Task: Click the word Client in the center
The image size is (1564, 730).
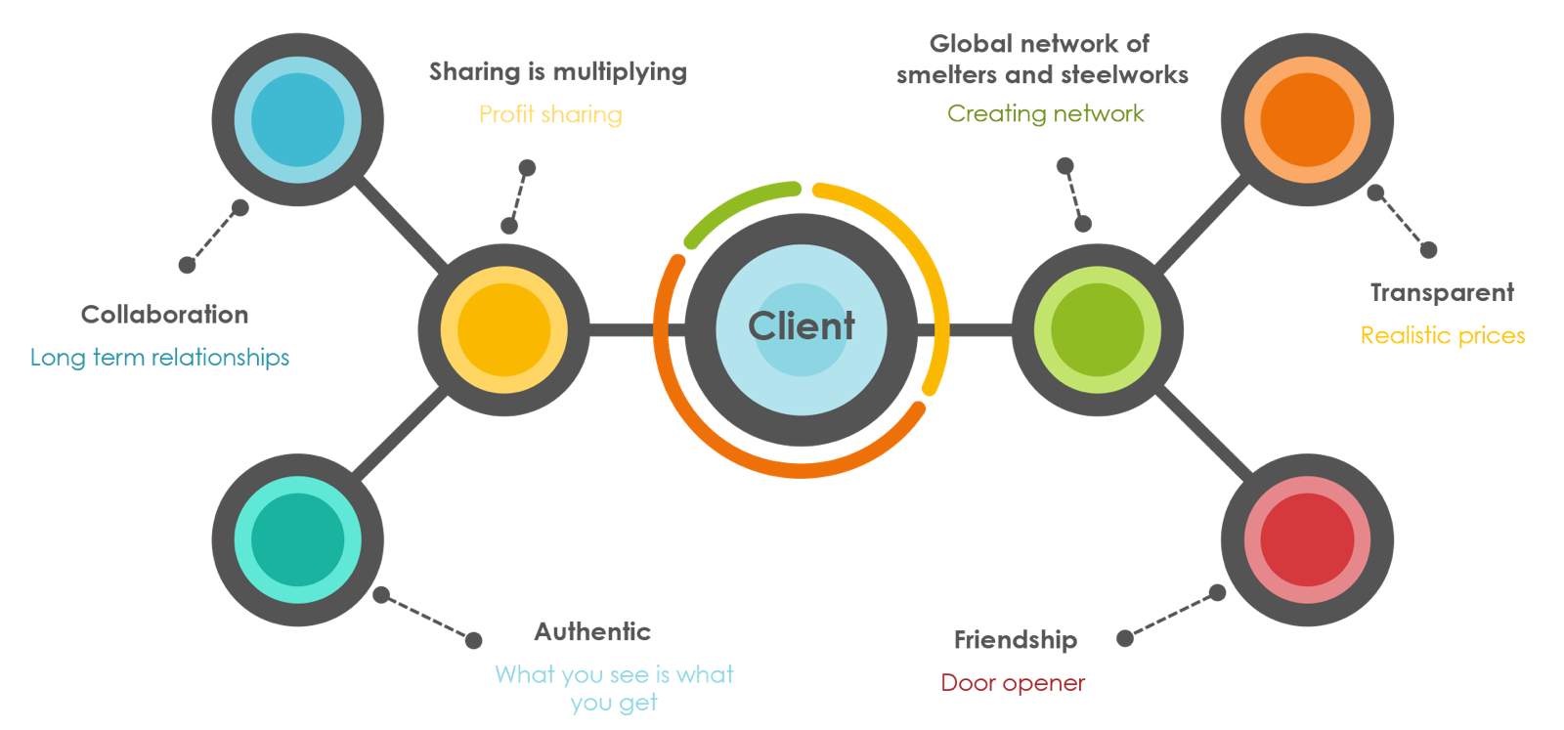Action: click(802, 326)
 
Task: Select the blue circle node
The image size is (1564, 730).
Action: click(298, 120)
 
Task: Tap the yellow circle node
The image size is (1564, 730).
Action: click(503, 330)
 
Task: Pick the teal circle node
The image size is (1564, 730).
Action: click(298, 539)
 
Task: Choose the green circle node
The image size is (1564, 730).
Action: click(1098, 330)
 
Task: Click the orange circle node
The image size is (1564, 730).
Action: click(1308, 120)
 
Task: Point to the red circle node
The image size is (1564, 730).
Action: click(1308, 539)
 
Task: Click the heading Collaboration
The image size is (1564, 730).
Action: click(164, 315)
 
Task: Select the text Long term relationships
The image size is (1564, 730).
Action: click(160, 358)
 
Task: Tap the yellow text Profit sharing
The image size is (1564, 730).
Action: click(550, 114)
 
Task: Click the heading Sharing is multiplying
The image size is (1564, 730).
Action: click(557, 71)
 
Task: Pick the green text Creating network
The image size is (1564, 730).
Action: click(1045, 113)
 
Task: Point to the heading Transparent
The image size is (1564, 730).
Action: click(1442, 293)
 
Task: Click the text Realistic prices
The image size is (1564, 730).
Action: click(1443, 335)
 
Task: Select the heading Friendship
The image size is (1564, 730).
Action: click(1016, 640)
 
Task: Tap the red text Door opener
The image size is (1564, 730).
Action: click(1013, 683)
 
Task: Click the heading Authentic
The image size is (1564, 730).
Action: click(592, 632)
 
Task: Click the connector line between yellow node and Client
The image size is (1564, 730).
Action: click(622, 330)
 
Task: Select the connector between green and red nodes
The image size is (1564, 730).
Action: click(1204, 436)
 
